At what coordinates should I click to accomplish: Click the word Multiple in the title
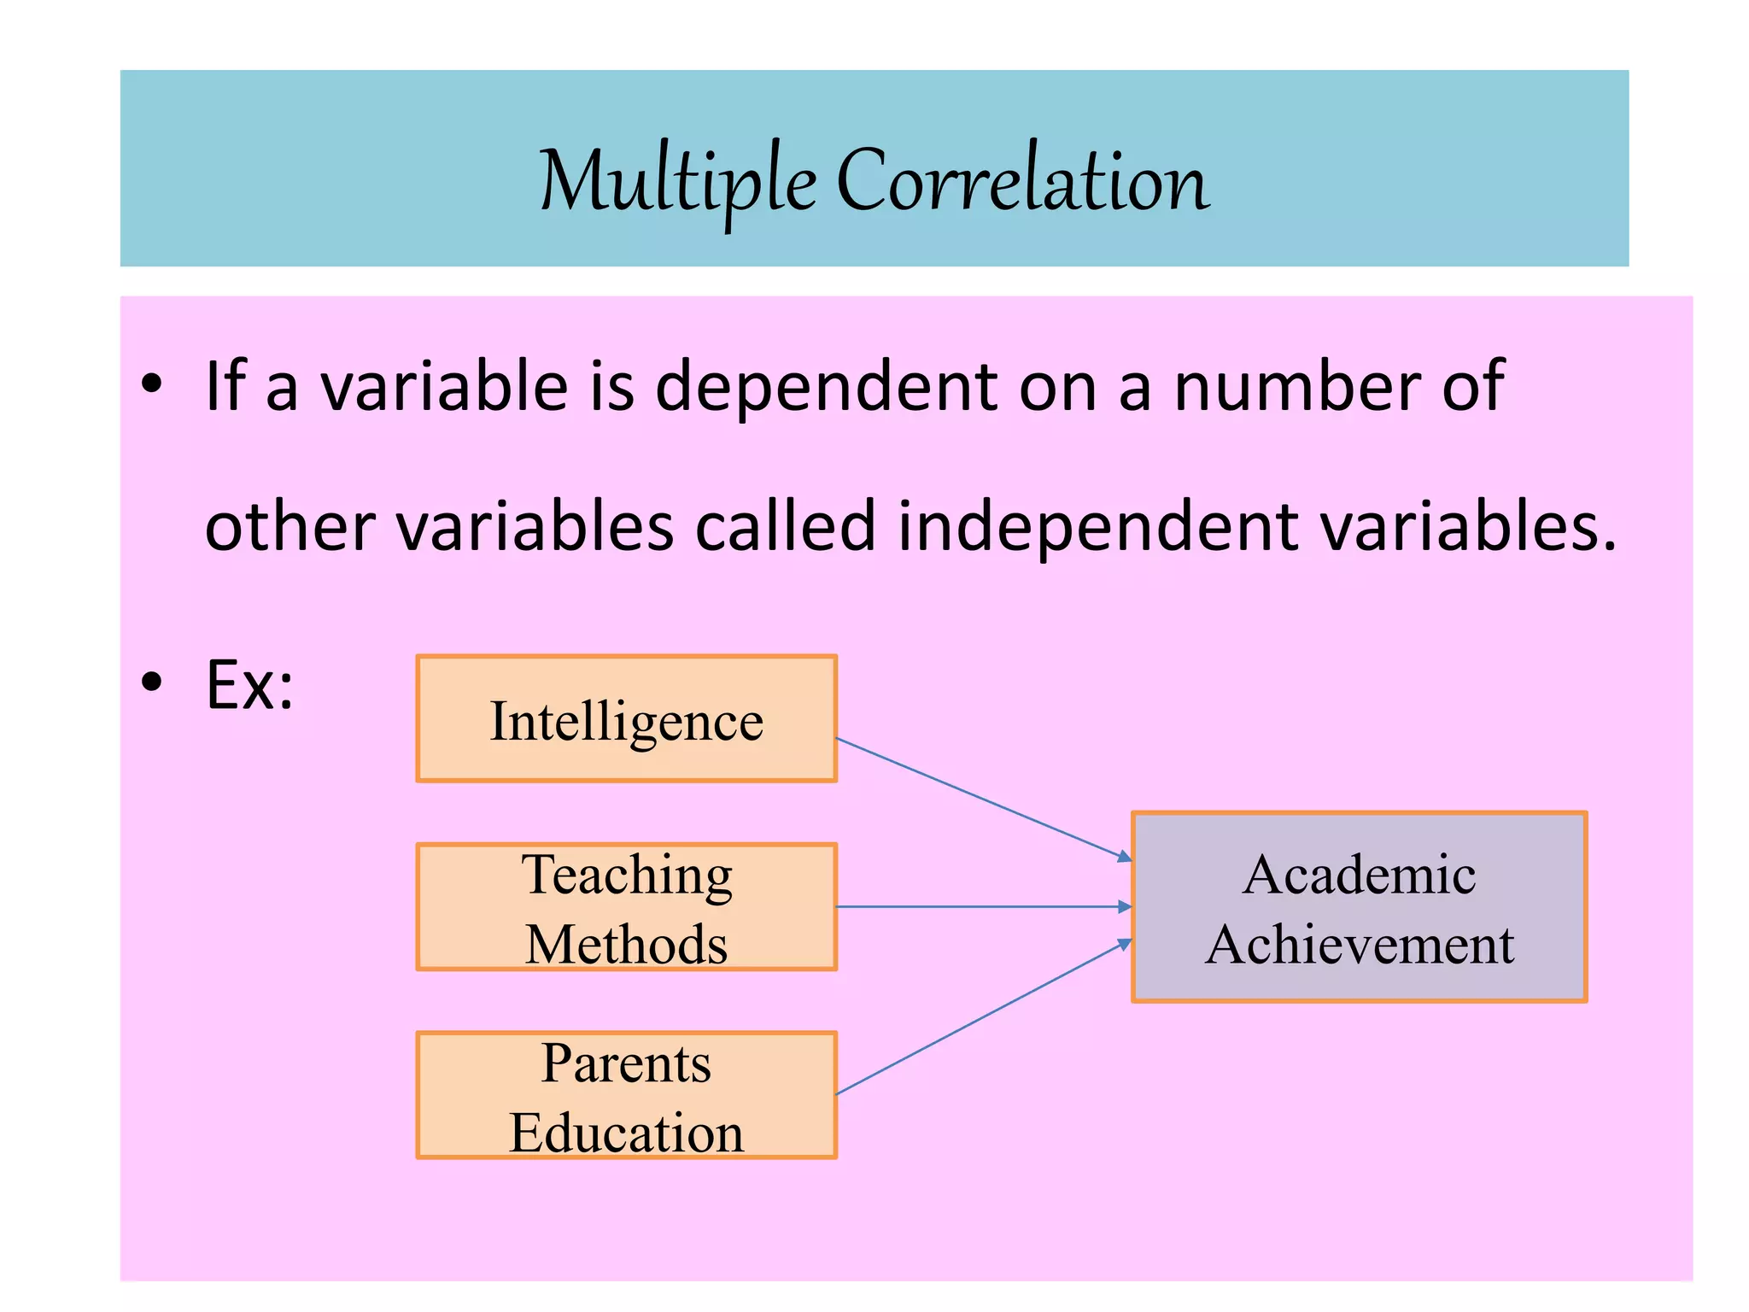(678, 181)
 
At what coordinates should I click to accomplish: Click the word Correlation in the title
(1022, 181)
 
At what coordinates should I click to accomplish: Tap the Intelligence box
(626, 719)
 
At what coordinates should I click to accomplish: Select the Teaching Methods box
(626, 907)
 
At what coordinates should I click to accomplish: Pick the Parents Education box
(626, 1095)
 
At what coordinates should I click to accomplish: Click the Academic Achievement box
(1359, 907)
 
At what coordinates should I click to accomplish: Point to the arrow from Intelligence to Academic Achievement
(982, 798)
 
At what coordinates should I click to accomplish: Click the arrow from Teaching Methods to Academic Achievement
(982, 906)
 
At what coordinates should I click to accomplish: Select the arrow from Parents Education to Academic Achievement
(982, 1017)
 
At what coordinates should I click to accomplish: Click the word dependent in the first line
(826, 386)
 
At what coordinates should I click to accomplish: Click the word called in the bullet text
(786, 525)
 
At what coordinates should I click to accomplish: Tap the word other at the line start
(290, 525)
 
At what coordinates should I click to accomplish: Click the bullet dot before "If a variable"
(152, 385)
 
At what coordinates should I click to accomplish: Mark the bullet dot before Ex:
(152, 683)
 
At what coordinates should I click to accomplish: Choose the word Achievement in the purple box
(1359, 945)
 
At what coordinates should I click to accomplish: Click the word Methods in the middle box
(626, 945)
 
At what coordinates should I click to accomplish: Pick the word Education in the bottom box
(626, 1133)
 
